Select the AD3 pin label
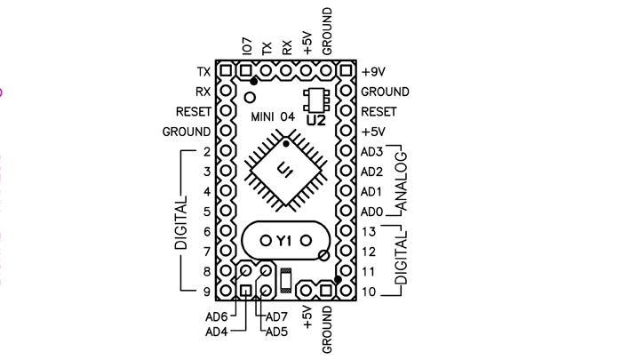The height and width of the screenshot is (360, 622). pos(372,152)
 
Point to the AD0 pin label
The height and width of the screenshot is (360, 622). pos(372,212)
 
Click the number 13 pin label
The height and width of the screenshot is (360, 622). pos(369,232)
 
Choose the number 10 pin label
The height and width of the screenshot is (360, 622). pos(369,292)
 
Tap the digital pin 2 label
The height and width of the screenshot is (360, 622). pos(205,152)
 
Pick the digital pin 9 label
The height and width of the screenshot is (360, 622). pos(205,292)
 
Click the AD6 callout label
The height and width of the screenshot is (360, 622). pos(218,316)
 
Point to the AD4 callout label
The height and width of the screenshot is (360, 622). pos(218,332)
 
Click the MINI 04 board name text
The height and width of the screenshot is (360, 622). pos(272,116)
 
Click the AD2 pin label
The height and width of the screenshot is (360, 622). pos(372,172)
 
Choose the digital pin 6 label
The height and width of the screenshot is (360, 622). pos(205,232)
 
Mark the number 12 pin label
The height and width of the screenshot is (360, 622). pos(369,252)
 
